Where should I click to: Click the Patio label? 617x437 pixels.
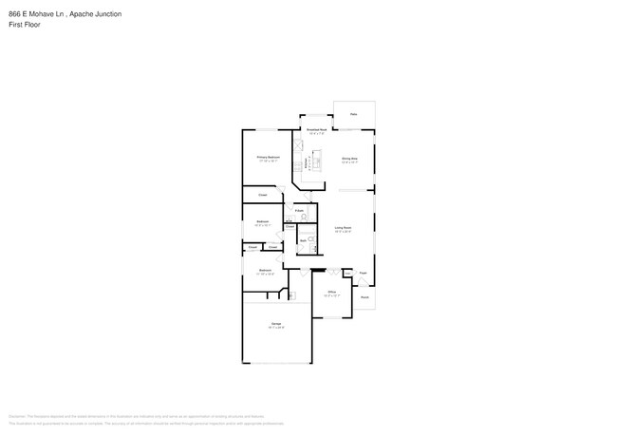pos(353,114)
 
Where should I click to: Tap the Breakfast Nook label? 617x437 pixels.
pos(316,130)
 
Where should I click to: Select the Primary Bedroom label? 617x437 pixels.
pos(268,158)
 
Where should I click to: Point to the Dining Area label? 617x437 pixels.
pos(349,159)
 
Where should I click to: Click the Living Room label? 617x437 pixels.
pos(343,228)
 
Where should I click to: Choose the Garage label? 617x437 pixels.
pos(276,325)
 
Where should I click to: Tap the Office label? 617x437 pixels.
pos(333,292)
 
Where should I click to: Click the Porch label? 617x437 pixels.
pos(364,296)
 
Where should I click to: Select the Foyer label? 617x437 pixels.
pos(364,273)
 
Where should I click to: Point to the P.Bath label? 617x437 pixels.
pos(299,209)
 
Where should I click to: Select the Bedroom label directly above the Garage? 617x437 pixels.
pos(266,270)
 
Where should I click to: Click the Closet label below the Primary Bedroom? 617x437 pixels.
pos(262,195)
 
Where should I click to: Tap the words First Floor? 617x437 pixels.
pos(24,25)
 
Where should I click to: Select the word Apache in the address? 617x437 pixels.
pos(83,15)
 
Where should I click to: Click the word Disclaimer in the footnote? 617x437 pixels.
pos(16,415)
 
